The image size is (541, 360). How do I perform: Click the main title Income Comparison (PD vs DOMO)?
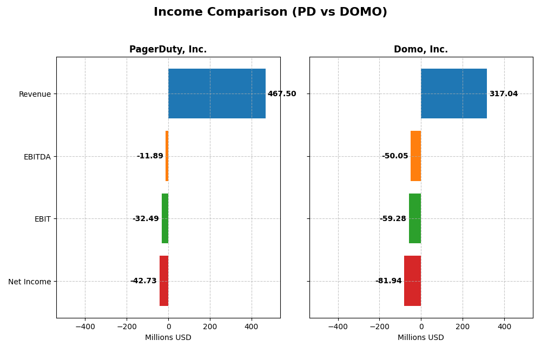coord(270,12)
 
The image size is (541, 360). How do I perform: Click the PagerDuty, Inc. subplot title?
coord(168,50)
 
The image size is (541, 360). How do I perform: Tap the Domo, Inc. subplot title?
coord(420,50)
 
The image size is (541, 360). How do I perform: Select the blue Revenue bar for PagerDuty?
coord(216,94)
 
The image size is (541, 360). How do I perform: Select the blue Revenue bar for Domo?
coord(453,94)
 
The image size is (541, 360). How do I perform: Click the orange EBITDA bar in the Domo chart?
coord(415,156)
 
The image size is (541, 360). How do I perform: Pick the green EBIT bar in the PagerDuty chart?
coord(165,218)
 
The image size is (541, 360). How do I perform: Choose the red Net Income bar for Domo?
coord(412,281)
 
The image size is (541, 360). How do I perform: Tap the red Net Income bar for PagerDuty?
coord(164,281)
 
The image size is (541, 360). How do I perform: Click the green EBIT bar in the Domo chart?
coord(415,218)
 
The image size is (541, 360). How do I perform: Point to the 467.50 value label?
coord(282,94)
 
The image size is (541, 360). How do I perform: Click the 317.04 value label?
coord(503,94)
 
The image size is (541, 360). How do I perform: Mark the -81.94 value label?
coord(388,281)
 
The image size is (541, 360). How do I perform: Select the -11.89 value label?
coord(150,156)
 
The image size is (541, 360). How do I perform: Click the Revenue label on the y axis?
coord(35,95)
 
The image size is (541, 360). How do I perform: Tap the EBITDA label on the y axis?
coord(37,157)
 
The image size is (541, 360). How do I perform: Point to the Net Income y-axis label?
coord(29,282)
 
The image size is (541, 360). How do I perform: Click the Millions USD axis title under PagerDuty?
coord(168,338)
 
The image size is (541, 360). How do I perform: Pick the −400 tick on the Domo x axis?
coord(338,326)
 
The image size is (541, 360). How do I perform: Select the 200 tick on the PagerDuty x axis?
coord(210,326)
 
